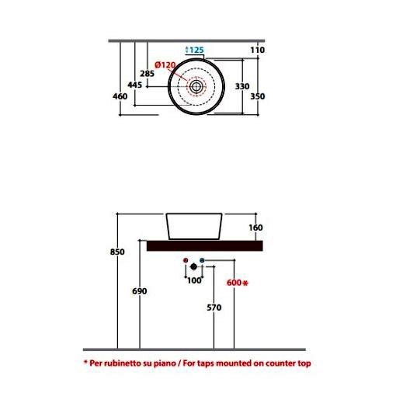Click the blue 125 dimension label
[x=195, y=50]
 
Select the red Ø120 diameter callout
[x=165, y=64]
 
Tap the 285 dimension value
[x=147, y=74]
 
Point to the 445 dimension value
[x=135, y=85]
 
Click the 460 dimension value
[x=120, y=96]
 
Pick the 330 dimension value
[x=242, y=86]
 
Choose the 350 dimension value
[x=258, y=96]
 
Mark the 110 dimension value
[x=258, y=50]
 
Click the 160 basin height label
[x=255, y=228]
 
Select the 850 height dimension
[x=117, y=252]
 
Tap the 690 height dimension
[x=140, y=291]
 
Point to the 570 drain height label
[x=214, y=307]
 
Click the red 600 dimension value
[x=234, y=283]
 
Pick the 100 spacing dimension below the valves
[x=194, y=280]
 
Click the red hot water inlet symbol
[x=186, y=260]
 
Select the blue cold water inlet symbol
[x=202, y=260]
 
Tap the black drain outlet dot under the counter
[x=193, y=266]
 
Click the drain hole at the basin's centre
[x=196, y=87]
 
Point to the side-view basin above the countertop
[x=194, y=227]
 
